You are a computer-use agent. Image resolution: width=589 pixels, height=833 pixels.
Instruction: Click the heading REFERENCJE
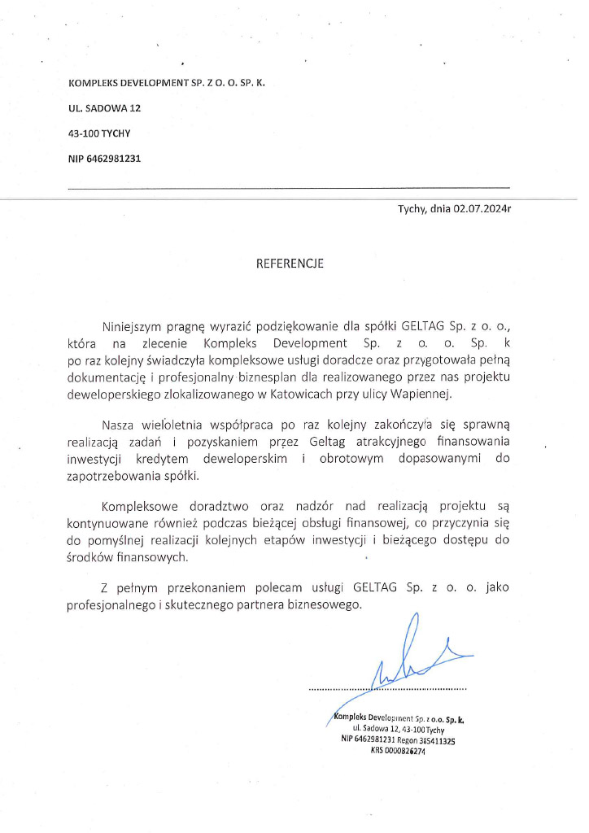tap(290, 264)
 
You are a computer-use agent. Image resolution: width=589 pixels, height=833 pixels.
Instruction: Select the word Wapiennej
tap(420, 394)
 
